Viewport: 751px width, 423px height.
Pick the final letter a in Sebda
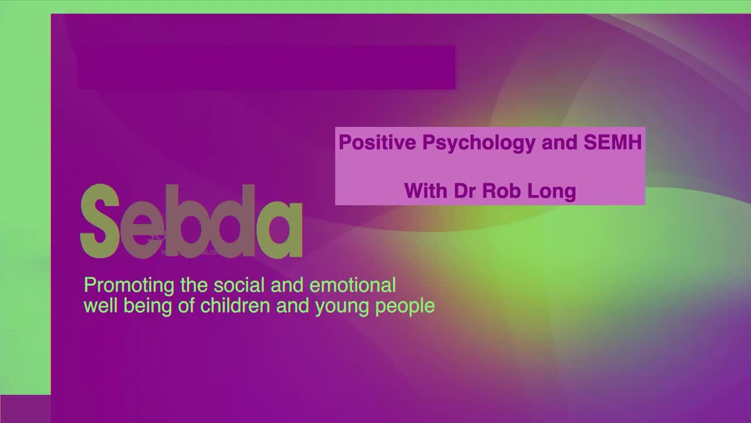(280, 229)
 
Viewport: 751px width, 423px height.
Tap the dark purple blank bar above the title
(266, 67)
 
